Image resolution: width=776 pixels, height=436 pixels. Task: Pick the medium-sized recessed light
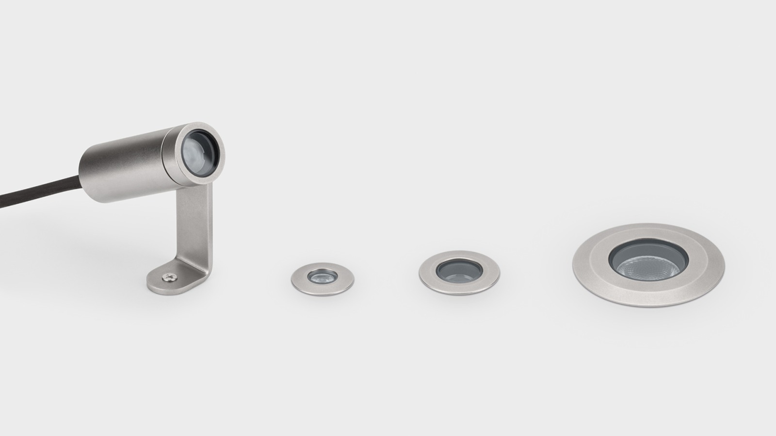459,272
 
